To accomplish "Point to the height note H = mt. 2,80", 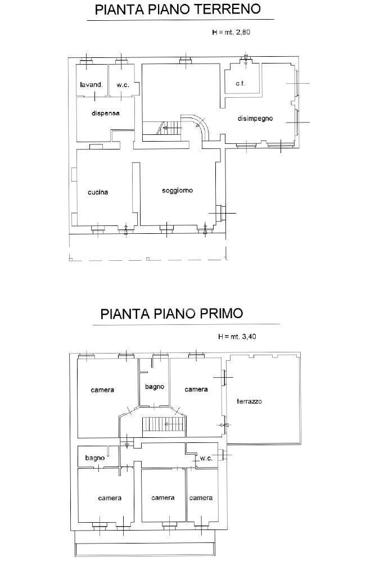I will click(x=231, y=33).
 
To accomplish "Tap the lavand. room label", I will click(x=91, y=85).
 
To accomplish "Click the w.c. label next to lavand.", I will click(x=123, y=85).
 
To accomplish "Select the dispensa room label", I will click(x=105, y=113).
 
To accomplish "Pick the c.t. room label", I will click(x=240, y=83).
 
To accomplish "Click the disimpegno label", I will click(x=255, y=119).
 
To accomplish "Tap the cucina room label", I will click(x=98, y=192).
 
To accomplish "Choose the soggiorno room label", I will click(x=177, y=191).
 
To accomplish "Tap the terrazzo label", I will click(x=249, y=401).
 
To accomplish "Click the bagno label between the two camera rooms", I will click(x=154, y=387).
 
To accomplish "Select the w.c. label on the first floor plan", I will click(x=206, y=459).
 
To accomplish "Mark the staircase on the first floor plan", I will click(x=163, y=425).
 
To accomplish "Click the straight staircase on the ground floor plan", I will click(x=170, y=129).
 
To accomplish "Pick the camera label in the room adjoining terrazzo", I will click(x=196, y=389).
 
